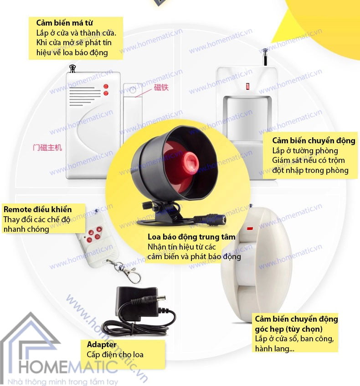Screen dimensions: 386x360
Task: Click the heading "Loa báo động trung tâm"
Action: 191,237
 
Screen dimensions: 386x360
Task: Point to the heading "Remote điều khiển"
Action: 37,209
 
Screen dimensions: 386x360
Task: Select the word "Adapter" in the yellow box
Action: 102,344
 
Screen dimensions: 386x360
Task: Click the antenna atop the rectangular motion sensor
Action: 264,57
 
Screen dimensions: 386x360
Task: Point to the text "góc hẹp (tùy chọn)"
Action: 288,329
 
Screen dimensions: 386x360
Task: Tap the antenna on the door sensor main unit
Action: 72,68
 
